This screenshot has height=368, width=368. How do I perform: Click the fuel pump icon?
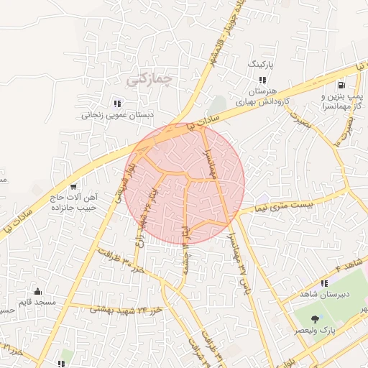[x=340, y=84]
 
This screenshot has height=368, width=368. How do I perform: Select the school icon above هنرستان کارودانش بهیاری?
[x=262, y=80]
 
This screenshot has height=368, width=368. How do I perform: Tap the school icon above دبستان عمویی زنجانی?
[x=117, y=103]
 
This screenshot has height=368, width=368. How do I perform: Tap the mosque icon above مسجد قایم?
[x=37, y=292]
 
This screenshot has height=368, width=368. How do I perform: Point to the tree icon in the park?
[x=315, y=318]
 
